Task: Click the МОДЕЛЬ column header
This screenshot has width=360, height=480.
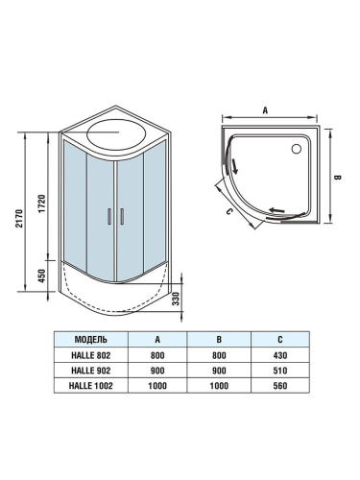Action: coord(97,340)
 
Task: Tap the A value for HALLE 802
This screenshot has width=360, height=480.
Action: coord(156,355)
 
